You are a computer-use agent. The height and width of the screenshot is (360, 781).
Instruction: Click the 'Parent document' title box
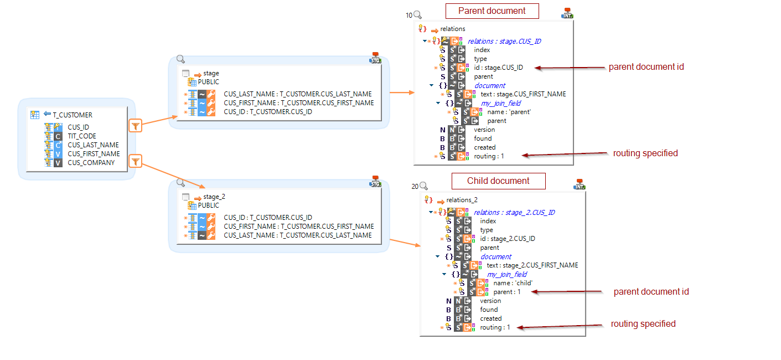click(492, 11)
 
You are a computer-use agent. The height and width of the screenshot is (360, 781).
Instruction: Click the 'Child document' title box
click(498, 181)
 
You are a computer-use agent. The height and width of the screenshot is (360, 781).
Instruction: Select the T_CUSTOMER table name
click(73, 115)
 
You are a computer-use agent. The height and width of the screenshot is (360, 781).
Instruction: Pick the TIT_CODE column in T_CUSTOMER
click(82, 136)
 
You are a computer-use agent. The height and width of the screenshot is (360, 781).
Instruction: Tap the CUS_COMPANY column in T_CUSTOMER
click(91, 163)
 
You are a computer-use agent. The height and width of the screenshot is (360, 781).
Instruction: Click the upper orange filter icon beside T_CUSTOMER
click(136, 126)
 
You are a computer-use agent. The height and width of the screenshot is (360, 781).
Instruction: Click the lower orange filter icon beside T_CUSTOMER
click(136, 162)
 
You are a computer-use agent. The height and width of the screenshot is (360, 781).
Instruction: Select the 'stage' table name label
click(211, 73)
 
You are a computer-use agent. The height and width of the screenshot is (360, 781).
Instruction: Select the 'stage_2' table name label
click(214, 197)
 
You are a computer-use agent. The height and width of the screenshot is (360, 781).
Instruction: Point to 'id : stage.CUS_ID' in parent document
click(498, 68)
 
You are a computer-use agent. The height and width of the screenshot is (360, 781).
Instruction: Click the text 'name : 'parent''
click(509, 112)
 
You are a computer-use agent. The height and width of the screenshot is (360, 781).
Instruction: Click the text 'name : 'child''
click(513, 283)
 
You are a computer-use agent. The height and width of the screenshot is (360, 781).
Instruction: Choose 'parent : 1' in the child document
click(506, 292)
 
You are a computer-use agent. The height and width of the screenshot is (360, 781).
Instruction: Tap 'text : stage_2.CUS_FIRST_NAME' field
click(532, 265)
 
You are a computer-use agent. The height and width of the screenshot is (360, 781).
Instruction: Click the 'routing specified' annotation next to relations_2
click(643, 324)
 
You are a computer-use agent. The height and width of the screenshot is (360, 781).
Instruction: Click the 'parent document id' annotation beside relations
click(646, 67)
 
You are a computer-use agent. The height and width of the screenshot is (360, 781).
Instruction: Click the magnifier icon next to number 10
click(417, 15)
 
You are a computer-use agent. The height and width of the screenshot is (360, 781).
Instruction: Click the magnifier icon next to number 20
click(423, 186)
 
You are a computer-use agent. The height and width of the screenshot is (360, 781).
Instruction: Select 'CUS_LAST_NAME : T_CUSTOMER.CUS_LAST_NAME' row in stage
click(298, 94)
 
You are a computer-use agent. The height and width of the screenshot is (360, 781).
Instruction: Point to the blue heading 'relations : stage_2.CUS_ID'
click(514, 212)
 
